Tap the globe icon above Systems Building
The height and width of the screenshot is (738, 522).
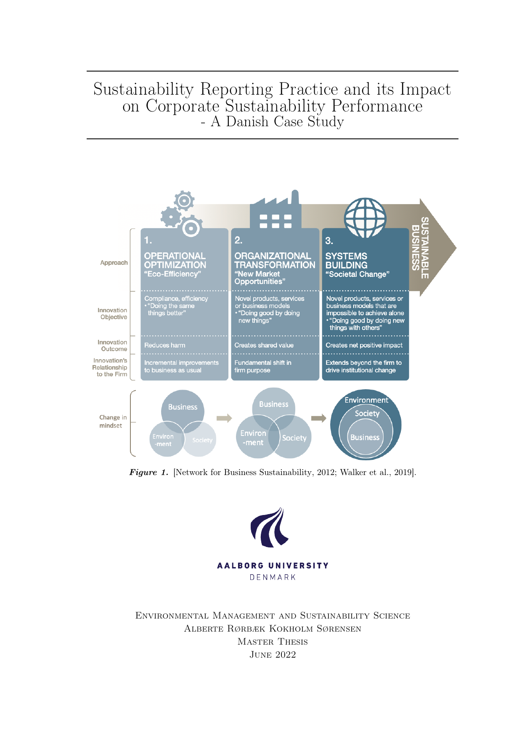coord(365,218)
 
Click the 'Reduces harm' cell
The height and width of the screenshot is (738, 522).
coord(164,345)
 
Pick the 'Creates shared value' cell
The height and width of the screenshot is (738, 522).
coord(264,345)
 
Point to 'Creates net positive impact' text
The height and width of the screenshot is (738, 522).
coord(364,345)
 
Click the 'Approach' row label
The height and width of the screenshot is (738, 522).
coord(114,263)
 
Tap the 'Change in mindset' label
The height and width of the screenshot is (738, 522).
coord(112,421)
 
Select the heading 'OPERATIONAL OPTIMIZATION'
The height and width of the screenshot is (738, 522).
coord(175,260)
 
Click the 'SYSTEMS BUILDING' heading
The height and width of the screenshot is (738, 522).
coord(346,260)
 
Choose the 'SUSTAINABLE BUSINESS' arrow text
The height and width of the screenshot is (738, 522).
coord(420,248)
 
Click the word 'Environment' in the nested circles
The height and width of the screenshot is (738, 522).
coord(366,400)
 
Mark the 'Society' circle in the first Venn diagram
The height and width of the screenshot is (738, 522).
coord(202,440)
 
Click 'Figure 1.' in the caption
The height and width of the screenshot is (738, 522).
coord(148,472)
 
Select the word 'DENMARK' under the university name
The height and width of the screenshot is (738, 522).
coord(273,577)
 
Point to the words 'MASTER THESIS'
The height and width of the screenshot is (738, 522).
coord(273,642)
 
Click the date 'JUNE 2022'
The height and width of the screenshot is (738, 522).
coord(273,655)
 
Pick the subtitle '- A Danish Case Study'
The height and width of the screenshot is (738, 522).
coord(272,122)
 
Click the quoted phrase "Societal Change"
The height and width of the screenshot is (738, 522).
coord(357,274)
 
